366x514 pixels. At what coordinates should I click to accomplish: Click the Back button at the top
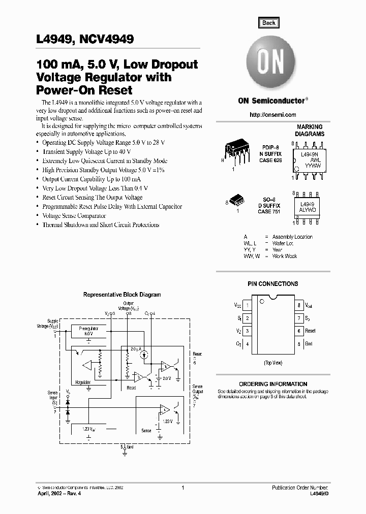tap(268, 22)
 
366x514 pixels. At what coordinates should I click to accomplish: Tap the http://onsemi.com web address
tap(273, 115)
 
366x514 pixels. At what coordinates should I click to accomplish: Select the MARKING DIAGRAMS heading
tap(310, 131)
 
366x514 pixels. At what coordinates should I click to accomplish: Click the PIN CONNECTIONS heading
tap(273, 284)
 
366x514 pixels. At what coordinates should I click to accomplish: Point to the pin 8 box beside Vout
tap(299, 306)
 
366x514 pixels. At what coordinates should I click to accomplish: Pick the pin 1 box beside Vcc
tap(247, 306)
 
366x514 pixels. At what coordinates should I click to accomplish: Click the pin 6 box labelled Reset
tap(299, 331)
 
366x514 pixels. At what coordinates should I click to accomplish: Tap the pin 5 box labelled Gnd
tap(299, 344)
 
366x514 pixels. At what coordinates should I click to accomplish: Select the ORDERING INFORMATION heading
tap(273, 384)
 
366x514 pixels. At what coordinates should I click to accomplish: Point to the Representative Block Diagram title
tap(122, 295)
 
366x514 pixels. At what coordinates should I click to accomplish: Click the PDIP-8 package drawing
tap(236, 152)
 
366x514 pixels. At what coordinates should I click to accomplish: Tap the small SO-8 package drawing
tap(236, 199)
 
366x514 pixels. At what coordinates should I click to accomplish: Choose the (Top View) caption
tap(273, 363)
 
